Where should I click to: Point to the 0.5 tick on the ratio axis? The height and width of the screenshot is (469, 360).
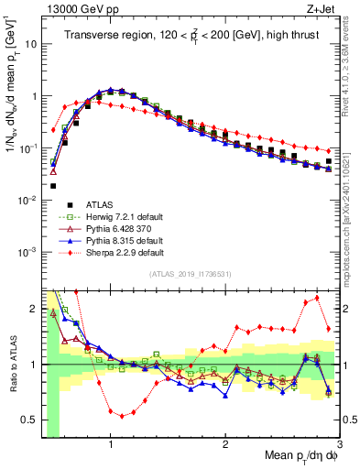tap(29, 423)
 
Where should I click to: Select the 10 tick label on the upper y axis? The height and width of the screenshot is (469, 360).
tap(31, 43)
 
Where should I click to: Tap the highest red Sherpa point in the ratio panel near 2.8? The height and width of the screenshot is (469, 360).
tap(318, 298)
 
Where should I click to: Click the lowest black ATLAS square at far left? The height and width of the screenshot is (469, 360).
tap(54, 186)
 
